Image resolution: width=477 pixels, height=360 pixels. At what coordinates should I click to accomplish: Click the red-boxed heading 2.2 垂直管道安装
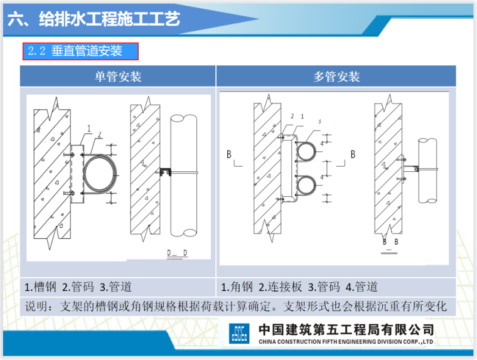(x=80, y=51)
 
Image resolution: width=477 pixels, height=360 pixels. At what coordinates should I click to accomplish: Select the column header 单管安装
(x=118, y=77)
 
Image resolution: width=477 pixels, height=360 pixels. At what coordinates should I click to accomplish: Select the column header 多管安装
(x=336, y=77)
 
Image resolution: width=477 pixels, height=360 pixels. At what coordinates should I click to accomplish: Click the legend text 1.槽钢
(x=41, y=287)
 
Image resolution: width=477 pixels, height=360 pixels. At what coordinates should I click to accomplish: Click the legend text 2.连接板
(x=279, y=287)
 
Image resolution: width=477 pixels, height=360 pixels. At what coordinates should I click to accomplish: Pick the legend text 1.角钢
(x=237, y=287)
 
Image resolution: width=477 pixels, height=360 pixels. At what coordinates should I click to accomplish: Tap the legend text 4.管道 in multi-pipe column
(x=362, y=287)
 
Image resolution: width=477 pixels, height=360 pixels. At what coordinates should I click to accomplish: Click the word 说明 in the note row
(x=36, y=307)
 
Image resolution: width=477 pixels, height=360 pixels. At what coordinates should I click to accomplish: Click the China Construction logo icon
(x=238, y=332)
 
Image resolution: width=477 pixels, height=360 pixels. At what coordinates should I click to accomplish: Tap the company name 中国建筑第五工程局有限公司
(x=346, y=329)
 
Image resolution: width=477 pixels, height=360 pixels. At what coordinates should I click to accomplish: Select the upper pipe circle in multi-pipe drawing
(x=308, y=152)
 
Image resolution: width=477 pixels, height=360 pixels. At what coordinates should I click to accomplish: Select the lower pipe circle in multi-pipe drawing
(x=308, y=188)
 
